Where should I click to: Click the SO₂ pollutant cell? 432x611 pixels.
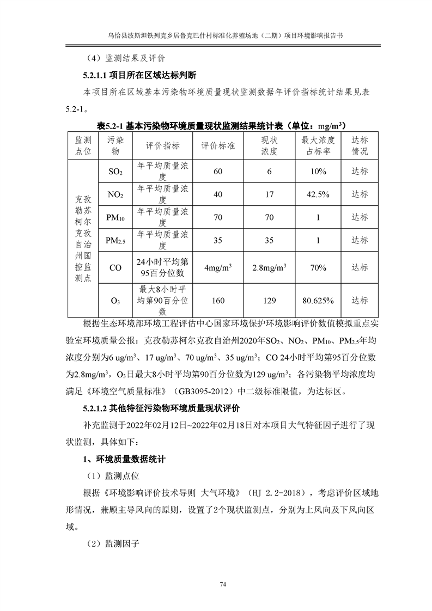click(x=115, y=172)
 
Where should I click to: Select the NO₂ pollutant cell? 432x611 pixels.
click(x=115, y=194)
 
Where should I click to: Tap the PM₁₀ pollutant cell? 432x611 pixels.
click(x=115, y=218)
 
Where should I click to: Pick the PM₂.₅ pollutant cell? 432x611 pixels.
click(x=115, y=240)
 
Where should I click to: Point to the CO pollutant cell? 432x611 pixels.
click(x=115, y=267)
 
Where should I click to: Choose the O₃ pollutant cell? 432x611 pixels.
click(x=115, y=300)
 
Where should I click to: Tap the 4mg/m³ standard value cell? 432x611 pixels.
click(x=218, y=267)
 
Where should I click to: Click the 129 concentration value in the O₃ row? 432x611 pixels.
click(x=269, y=300)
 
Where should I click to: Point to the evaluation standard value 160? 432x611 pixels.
click(x=218, y=300)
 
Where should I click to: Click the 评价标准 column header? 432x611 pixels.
click(x=218, y=145)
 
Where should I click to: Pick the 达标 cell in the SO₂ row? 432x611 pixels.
click(x=360, y=172)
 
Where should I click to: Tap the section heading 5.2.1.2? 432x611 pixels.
click(x=161, y=408)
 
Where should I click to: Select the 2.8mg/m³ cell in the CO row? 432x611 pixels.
click(x=269, y=267)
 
